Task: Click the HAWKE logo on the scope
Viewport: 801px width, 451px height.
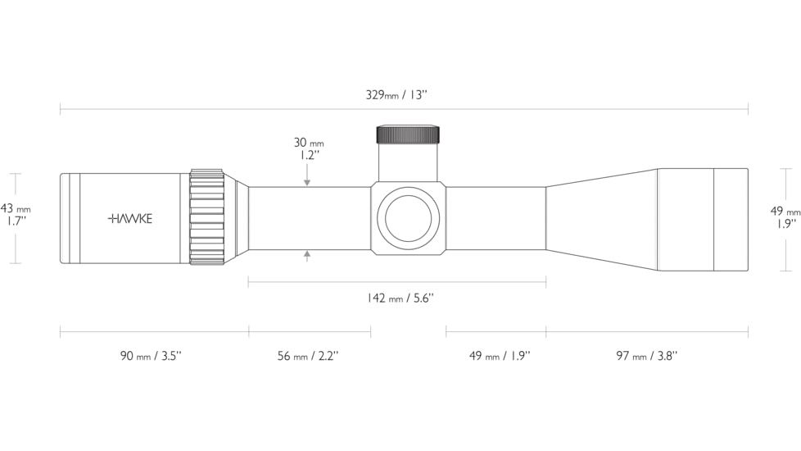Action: tap(130, 219)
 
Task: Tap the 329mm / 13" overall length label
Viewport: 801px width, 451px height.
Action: tap(396, 95)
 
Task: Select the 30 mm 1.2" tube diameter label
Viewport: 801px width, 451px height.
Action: tap(309, 148)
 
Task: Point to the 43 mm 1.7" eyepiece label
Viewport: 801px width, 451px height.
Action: tap(16, 215)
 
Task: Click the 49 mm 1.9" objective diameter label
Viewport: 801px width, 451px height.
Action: tap(785, 216)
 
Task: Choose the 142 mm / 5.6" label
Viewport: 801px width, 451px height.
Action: tap(400, 298)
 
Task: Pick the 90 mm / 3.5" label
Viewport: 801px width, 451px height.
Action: tap(151, 356)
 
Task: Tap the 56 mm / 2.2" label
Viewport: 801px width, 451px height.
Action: tap(308, 356)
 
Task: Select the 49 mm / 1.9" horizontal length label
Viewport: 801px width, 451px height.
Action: tap(500, 356)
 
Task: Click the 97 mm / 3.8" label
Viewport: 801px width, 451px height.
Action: tap(647, 356)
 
